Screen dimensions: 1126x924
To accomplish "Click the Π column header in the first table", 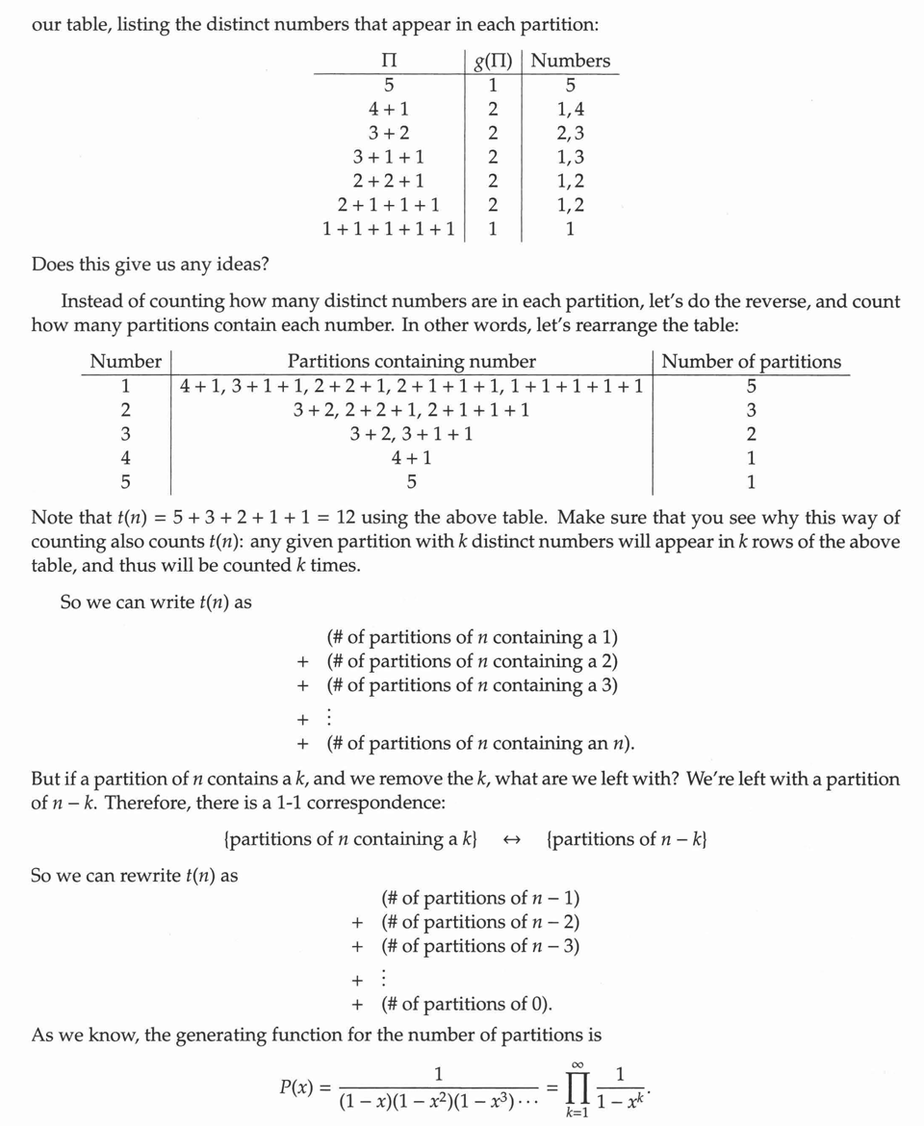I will point(390,61).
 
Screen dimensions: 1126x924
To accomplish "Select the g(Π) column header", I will point(493,61).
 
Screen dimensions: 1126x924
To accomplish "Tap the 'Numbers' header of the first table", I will point(570,61).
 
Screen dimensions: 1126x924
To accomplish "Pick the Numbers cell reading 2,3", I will point(570,133).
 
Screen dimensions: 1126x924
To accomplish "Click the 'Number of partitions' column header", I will point(751,362).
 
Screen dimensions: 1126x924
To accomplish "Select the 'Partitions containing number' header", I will point(411,362).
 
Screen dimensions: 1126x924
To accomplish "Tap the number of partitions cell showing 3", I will point(751,410).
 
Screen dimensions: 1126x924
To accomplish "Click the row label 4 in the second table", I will point(125,458).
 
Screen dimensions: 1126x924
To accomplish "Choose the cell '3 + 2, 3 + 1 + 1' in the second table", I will point(411,434).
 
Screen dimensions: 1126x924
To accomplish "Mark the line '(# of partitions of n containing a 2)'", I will point(472,661).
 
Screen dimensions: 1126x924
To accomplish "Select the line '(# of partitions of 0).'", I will point(467,1005).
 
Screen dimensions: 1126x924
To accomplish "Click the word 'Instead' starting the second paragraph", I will point(90,301).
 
